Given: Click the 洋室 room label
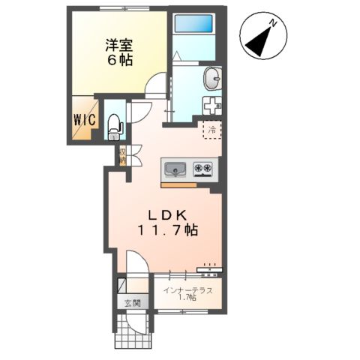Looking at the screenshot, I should tap(118, 44).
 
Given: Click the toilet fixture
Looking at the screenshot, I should tap(114, 126).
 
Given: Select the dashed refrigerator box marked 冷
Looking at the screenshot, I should tap(211, 129).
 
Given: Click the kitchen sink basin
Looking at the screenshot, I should tap(175, 168).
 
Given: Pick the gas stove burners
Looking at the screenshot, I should tap(203, 168).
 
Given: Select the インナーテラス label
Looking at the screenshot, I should tap(188, 289).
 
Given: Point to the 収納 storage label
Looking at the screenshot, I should tap(121, 155).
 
